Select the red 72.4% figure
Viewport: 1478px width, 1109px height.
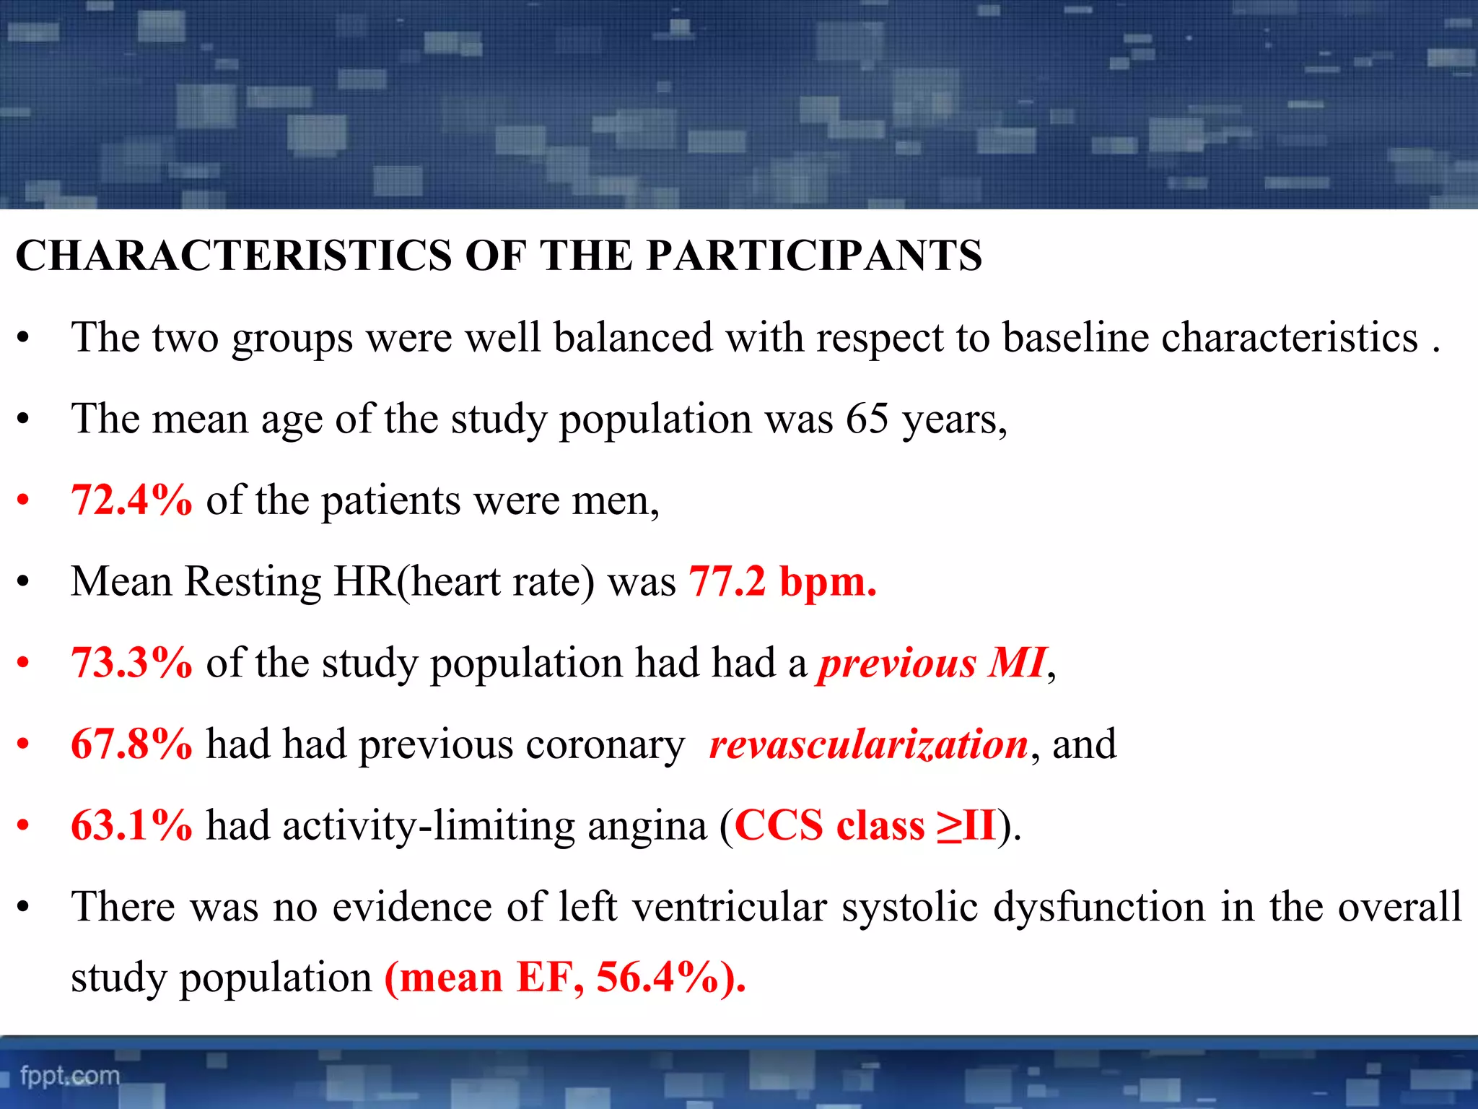pos(132,500)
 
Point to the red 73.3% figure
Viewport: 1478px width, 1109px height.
pos(132,663)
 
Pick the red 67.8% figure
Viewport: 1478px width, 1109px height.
pos(132,744)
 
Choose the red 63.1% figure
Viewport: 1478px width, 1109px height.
pos(132,825)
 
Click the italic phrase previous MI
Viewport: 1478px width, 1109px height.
pos(932,663)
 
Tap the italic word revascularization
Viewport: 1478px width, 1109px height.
pos(869,744)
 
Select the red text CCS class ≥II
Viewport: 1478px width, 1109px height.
pos(865,825)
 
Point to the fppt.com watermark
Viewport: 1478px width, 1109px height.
pos(70,1076)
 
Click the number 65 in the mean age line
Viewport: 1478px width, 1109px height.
pos(867,419)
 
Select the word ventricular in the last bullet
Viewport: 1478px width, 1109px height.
pos(730,907)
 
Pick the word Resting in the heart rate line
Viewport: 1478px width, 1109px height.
pos(253,583)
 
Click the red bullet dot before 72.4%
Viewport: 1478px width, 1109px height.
pos(24,500)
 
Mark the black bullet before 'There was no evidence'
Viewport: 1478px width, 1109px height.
pos(24,908)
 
